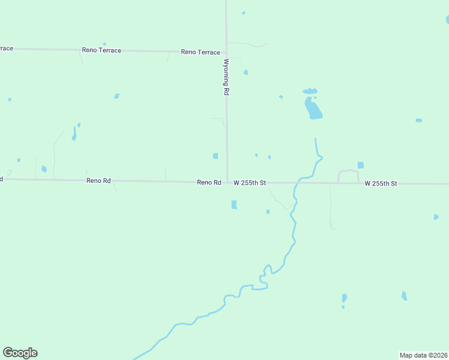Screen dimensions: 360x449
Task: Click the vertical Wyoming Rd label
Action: click(x=226, y=77)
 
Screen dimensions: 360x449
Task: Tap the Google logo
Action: click(x=20, y=353)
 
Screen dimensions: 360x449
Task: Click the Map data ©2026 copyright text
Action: click(x=423, y=355)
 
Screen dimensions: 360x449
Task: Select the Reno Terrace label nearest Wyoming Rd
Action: click(x=200, y=52)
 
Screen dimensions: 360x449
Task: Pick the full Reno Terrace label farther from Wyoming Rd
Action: click(x=102, y=50)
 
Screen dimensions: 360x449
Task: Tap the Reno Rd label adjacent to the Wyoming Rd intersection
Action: click(x=209, y=182)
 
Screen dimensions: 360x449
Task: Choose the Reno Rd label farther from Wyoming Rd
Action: click(x=98, y=180)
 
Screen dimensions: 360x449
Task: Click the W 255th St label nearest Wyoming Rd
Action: click(x=250, y=182)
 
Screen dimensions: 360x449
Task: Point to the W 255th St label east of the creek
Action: click(x=381, y=183)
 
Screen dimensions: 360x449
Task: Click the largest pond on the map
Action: click(x=313, y=109)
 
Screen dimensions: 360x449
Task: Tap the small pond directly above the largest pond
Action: click(x=310, y=91)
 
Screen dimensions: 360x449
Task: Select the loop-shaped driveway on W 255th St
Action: click(x=348, y=176)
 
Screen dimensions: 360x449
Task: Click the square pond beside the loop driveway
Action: click(x=361, y=165)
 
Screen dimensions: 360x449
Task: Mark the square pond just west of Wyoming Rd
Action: click(x=215, y=156)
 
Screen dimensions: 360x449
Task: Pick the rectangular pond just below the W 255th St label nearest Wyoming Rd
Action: click(x=234, y=205)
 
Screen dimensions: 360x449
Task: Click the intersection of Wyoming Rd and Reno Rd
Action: click(x=227, y=182)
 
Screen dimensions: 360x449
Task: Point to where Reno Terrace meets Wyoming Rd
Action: click(x=226, y=52)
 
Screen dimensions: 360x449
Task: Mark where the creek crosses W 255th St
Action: click(x=297, y=182)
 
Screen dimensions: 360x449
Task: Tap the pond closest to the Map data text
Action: click(x=405, y=296)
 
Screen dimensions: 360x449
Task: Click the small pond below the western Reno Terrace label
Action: click(x=116, y=96)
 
